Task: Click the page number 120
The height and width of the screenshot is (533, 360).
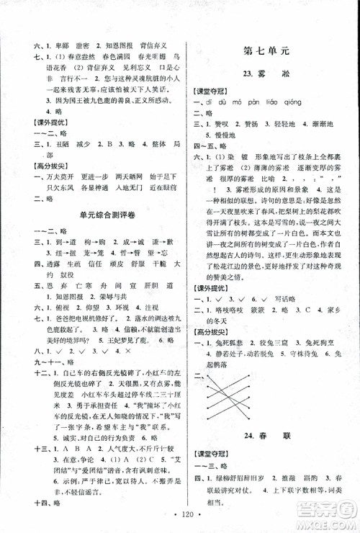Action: (x=179, y=521)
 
